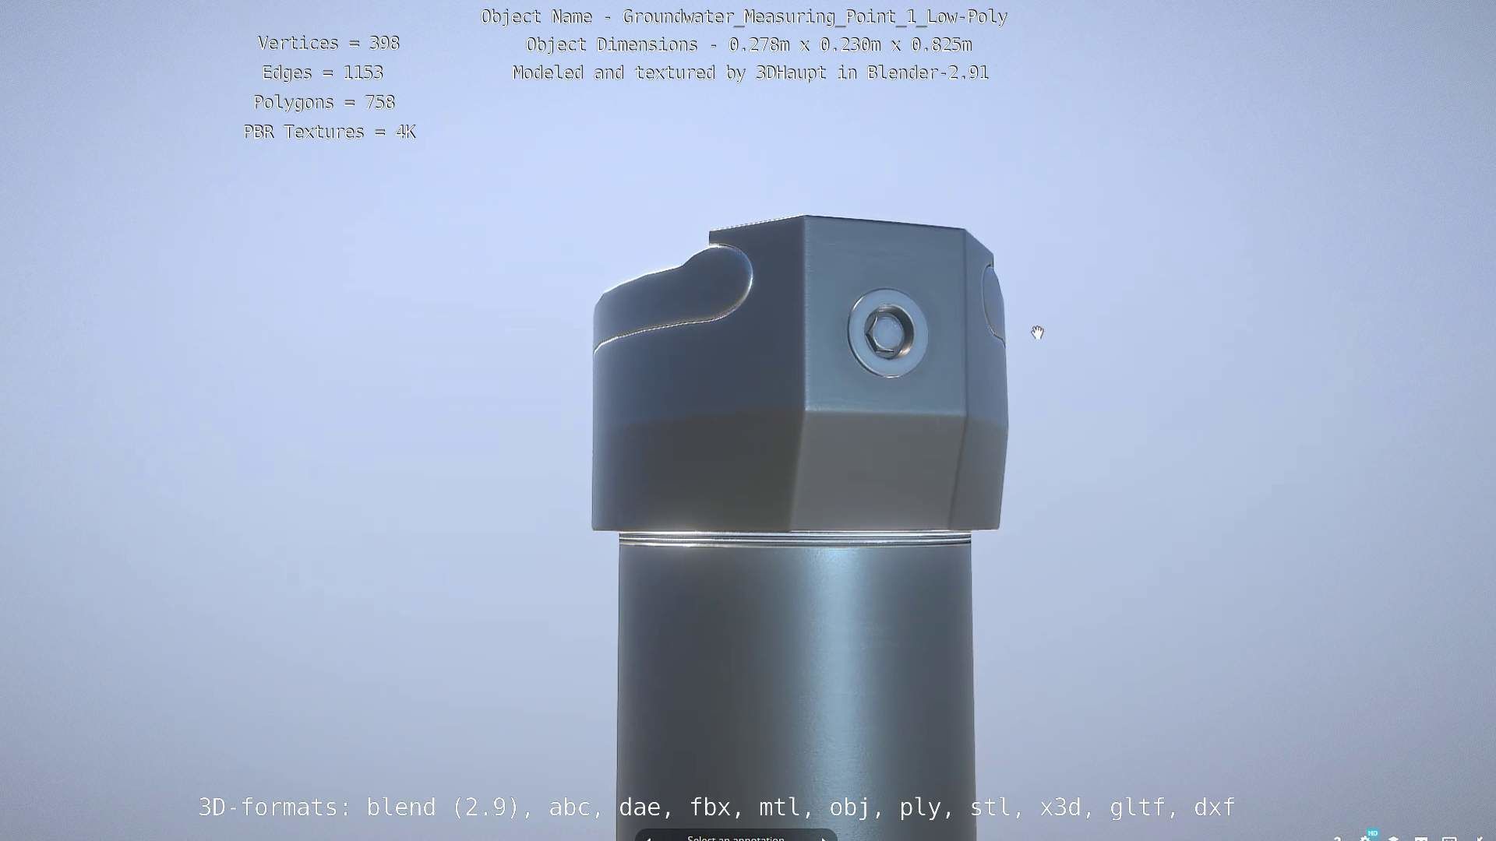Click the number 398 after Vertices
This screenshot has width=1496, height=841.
384,44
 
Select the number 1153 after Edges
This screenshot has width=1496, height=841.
363,73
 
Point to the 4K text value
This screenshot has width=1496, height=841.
405,132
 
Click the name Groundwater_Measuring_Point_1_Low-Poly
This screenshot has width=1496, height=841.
815,17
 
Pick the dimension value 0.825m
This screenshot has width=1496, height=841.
941,45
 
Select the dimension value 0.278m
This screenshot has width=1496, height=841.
759,45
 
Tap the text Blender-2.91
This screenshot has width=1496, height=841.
928,73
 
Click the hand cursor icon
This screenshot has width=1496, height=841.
1037,333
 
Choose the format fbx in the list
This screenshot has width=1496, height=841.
710,808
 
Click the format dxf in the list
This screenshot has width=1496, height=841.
1214,808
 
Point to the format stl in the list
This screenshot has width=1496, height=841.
990,808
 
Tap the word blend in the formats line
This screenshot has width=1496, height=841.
400,808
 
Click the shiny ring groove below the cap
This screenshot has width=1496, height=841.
795,537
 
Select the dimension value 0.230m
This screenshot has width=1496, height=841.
850,45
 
